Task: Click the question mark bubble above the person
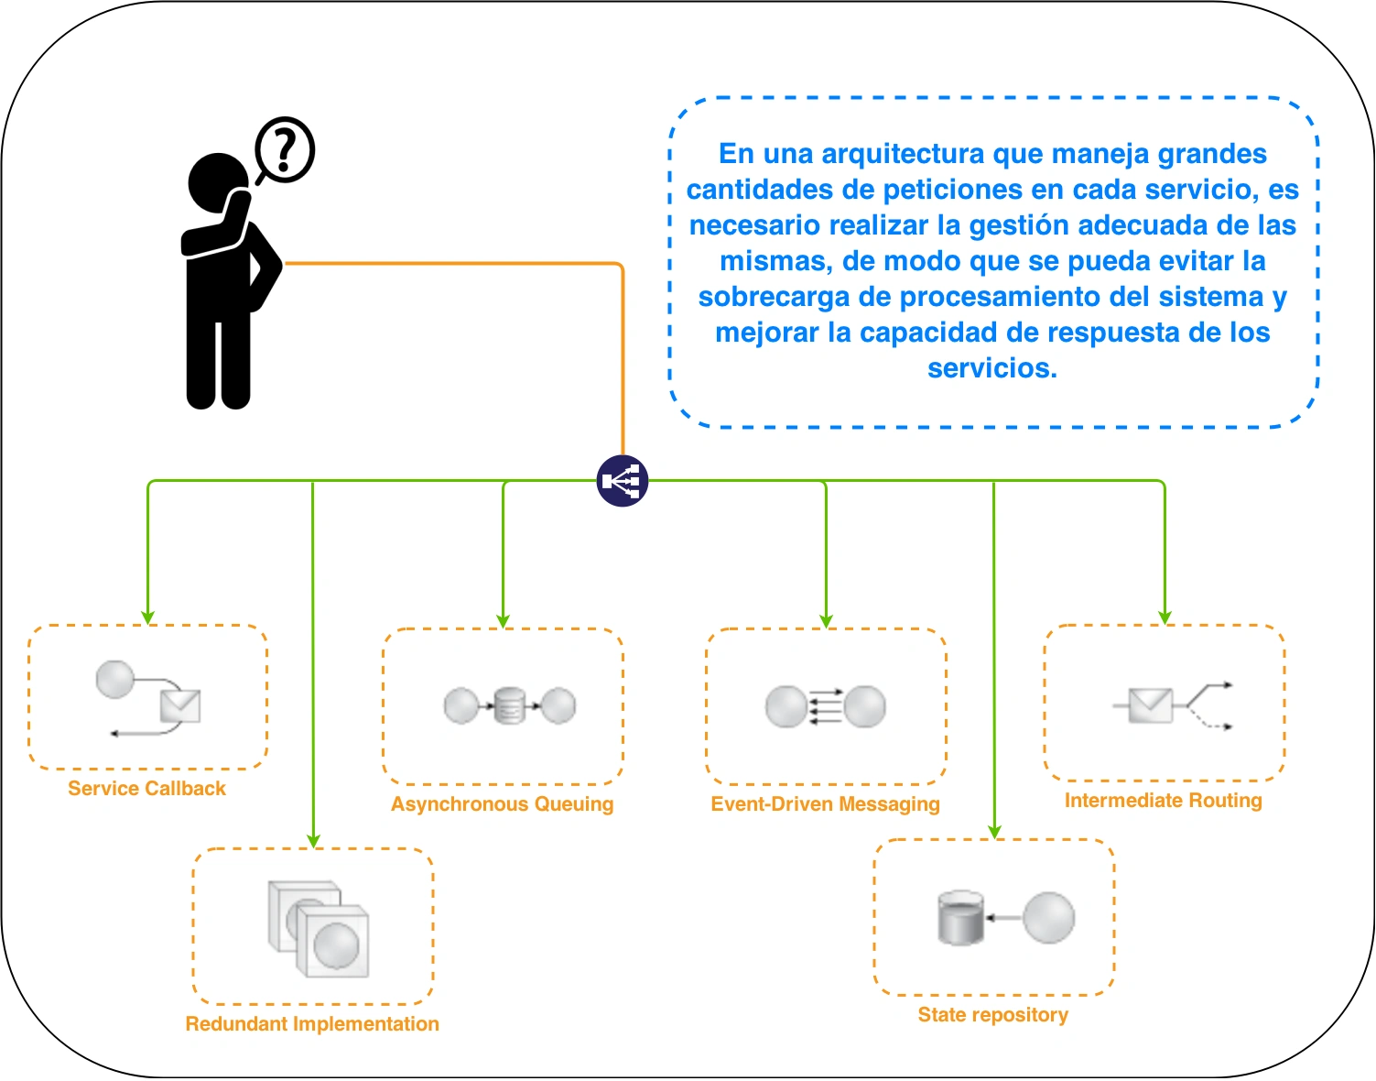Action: point(285,150)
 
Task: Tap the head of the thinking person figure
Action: point(218,182)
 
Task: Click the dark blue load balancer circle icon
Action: point(622,481)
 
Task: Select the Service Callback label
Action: point(146,788)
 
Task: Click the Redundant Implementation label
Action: point(312,1024)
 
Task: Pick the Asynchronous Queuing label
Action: point(502,804)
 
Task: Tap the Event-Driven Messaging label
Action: point(825,804)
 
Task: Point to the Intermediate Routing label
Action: point(1164,801)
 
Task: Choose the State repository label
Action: point(993,1015)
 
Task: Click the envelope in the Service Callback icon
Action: point(180,706)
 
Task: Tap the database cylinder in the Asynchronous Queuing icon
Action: point(509,705)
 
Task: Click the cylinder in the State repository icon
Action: point(960,918)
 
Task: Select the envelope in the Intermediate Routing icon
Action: point(1151,705)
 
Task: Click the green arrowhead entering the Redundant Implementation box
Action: point(313,842)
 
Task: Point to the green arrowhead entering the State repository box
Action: point(994,832)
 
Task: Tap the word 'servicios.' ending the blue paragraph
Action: point(992,368)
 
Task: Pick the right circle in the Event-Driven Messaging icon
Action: point(864,706)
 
